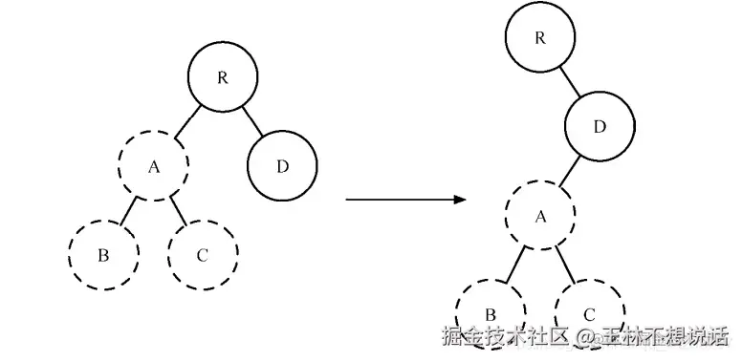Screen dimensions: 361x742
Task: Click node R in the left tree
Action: tap(222, 77)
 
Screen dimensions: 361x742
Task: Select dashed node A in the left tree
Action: tap(154, 165)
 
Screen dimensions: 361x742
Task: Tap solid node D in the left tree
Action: tap(282, 166)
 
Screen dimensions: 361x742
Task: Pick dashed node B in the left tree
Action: tap(103, 255)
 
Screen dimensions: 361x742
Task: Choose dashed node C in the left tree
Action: tap(202, 255)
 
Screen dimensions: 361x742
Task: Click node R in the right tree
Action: tap(540, 38)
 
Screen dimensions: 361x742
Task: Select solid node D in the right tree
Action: tap(600, 126)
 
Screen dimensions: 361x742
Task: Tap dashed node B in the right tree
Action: tap(491, 312)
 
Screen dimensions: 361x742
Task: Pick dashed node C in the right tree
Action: tap(590, 312)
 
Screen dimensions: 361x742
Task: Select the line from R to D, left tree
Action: tap(251, 120)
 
